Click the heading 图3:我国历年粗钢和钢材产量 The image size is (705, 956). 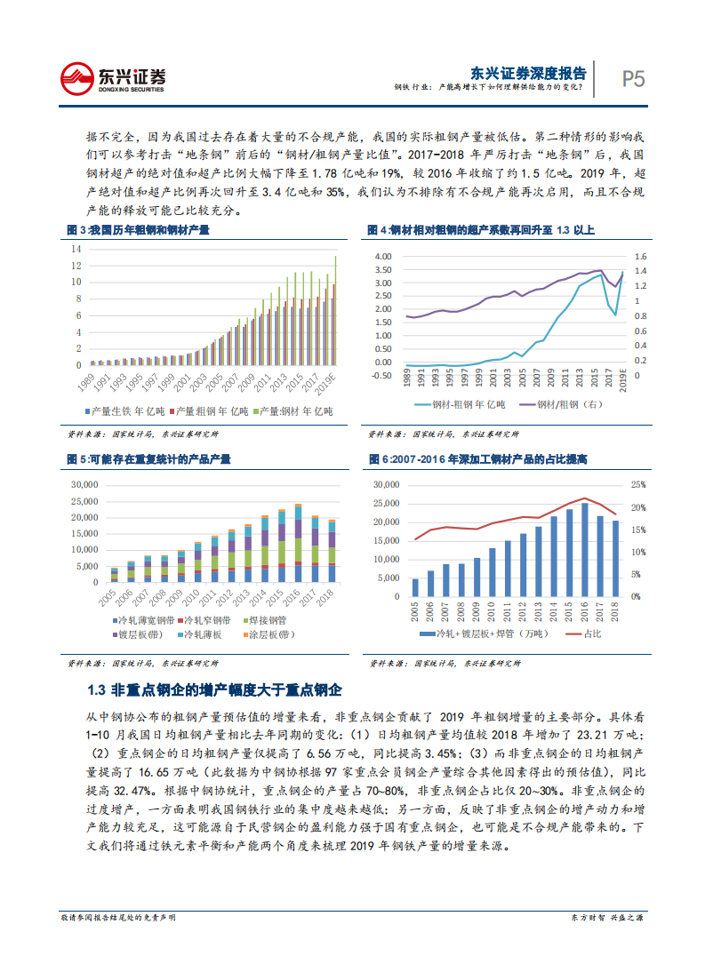click(140, 231)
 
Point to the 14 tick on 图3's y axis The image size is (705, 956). click(76, 250)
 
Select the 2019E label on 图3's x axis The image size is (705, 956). click(330, 380)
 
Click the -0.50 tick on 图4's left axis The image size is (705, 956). click(384, 375)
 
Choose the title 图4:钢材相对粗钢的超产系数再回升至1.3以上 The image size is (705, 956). click(481, 231)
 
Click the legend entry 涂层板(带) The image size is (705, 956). click(272, 634)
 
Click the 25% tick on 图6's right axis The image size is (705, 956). click(637, 485)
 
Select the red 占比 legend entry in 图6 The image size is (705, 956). click(589, 633)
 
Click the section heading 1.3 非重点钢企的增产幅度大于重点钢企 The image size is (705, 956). click(214, 690)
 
